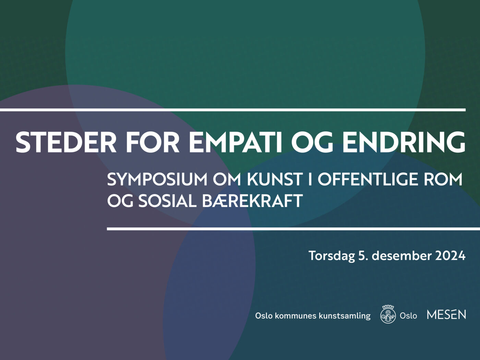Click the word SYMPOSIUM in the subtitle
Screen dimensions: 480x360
click(157, 179)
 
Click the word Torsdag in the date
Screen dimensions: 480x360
click(332, 255)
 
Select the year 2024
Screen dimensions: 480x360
click(450, 255)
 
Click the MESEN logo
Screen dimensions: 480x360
click(446, 314)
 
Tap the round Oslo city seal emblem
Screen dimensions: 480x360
click(388, 314)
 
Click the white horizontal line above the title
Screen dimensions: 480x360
click(233, 110)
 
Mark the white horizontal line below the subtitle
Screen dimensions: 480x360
click(293, 229)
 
